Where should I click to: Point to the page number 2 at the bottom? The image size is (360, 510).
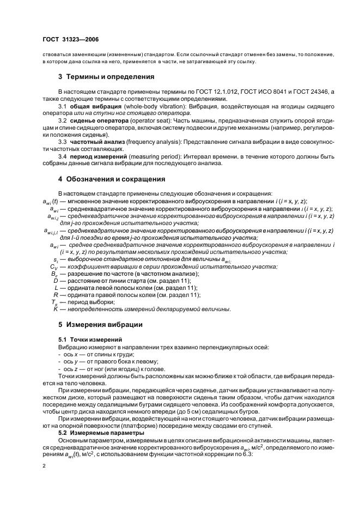pos(44,467)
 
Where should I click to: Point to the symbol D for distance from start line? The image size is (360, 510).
pos(56,280)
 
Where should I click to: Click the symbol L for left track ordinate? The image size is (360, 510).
pos(56,287)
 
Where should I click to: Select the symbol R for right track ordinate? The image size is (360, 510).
pos(56,295)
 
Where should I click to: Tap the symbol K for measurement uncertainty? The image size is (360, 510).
pos(56,309)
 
